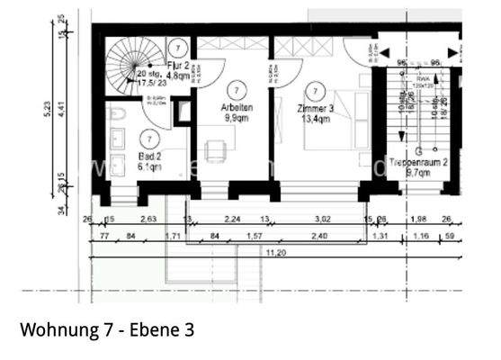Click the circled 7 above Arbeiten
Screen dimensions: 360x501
click(236, 89)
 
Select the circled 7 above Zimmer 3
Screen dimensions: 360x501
click(314, 89)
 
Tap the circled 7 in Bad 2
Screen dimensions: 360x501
click(149, 138)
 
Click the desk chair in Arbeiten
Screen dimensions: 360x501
click(214, 149)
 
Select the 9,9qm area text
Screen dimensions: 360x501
click(237, 117)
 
